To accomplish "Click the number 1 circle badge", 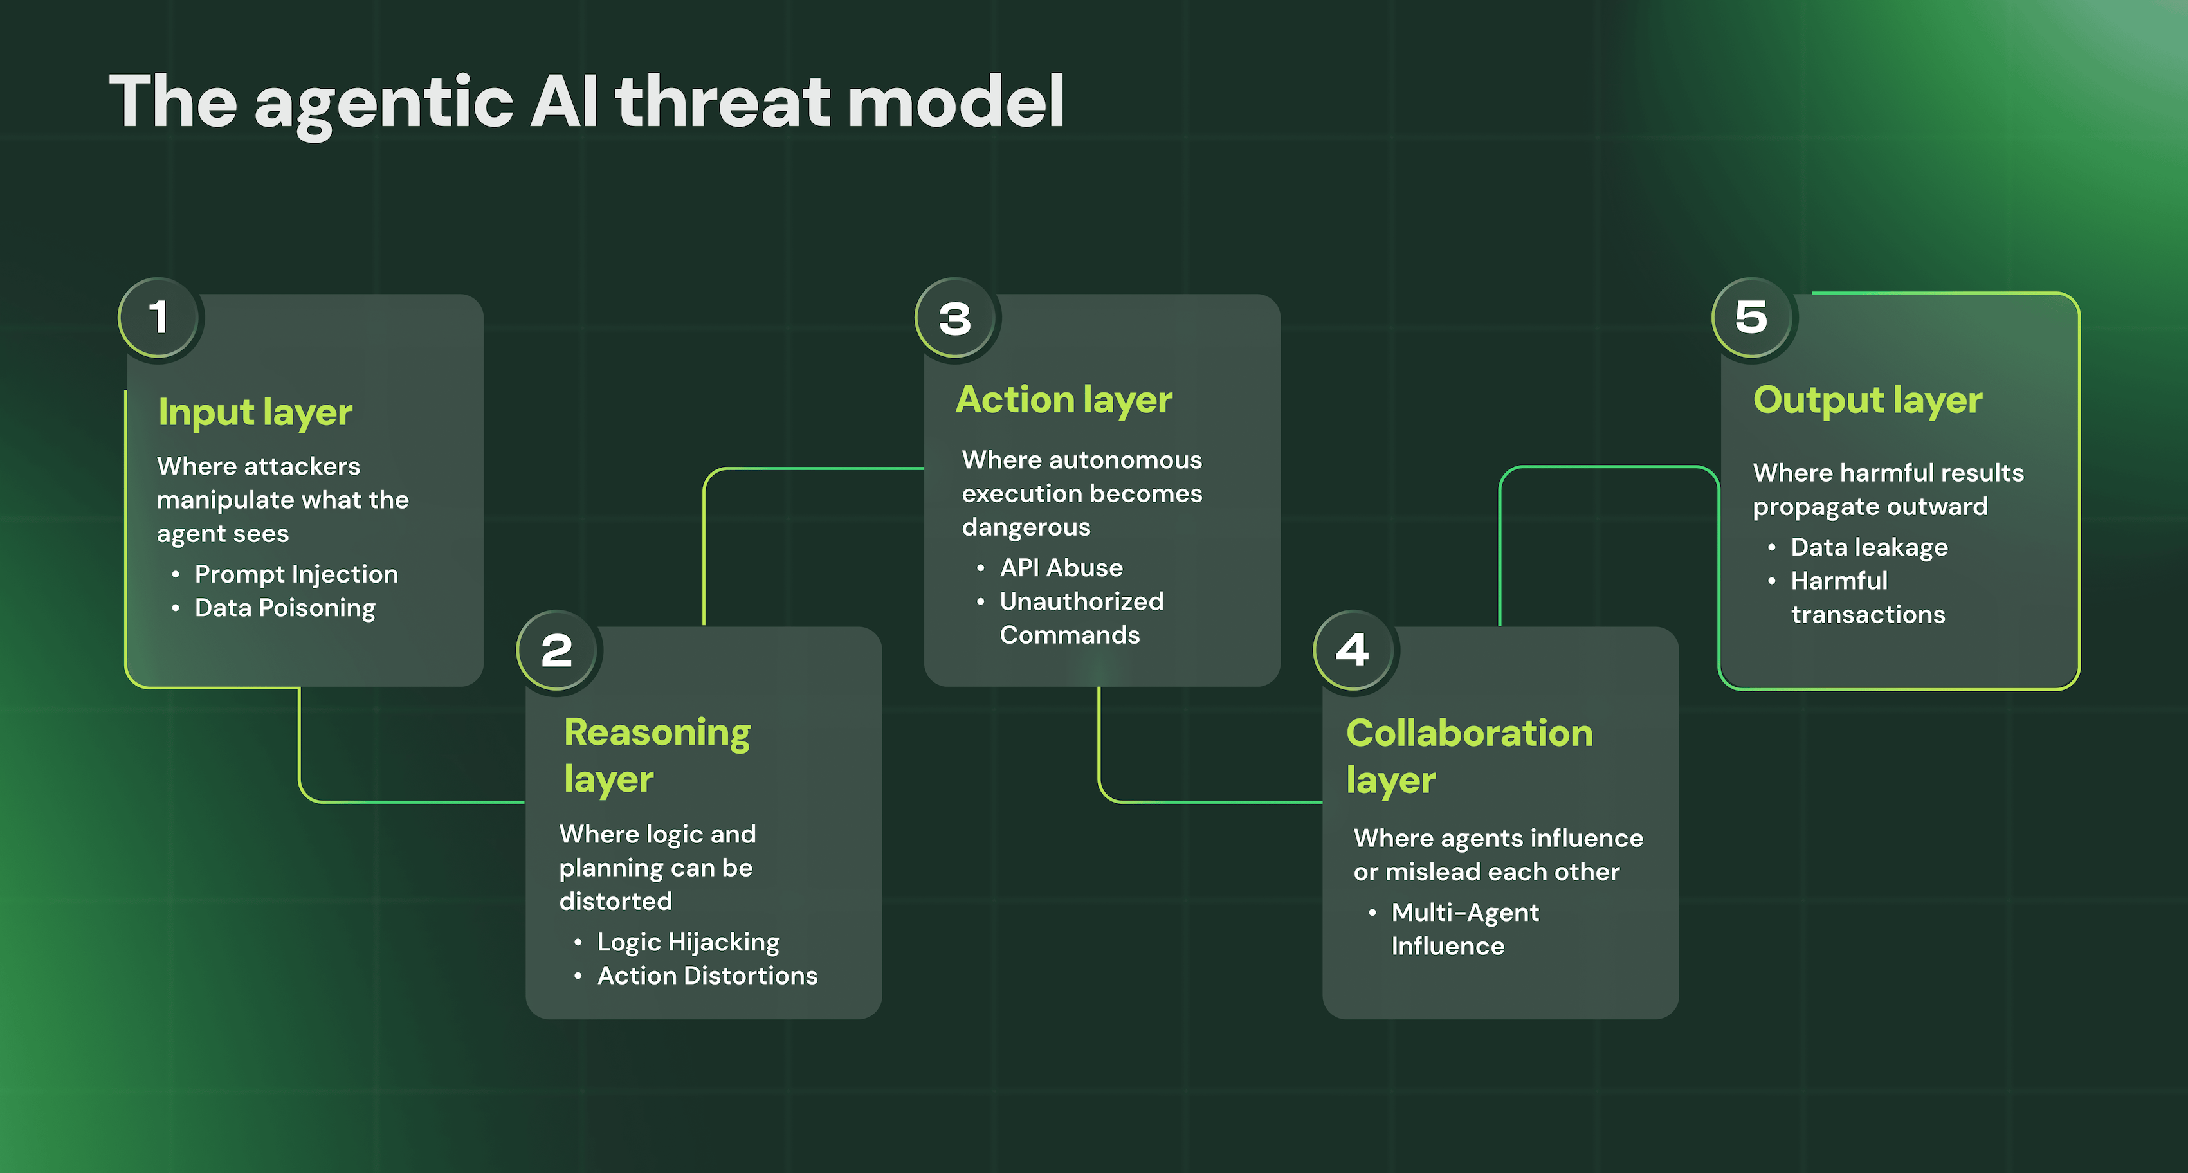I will coord(159,318).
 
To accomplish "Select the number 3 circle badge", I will coord(956,318).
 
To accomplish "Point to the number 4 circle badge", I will coord(1354,651).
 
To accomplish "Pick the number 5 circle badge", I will coord(1753,318).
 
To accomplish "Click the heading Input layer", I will coord(255,413).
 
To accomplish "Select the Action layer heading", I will coord(1063,400).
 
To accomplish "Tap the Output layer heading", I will coord(1867,400).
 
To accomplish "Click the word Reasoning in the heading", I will coord(657,733).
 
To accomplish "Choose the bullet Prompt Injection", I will coord(296,574).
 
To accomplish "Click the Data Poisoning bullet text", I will coord(284,608).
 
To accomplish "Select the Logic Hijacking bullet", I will coord(688,942).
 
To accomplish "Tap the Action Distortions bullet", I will coord(707,976).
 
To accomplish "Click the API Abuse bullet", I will coord(1061,567).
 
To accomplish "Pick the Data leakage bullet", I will coord(1868,547).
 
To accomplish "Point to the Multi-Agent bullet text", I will coord(1464,913).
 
